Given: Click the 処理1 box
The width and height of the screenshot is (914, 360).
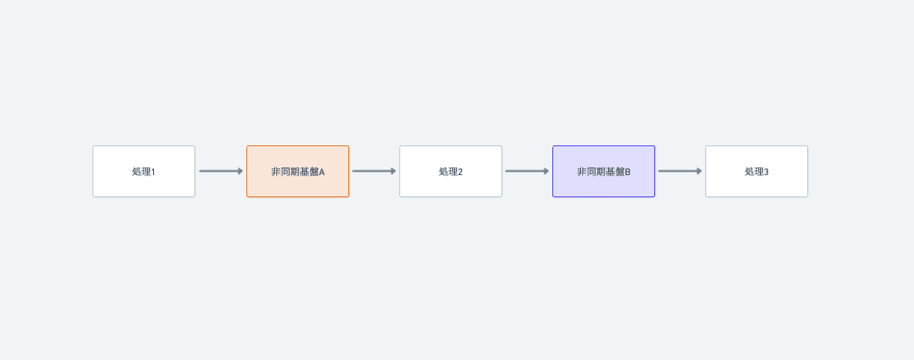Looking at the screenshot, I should click(x=143, y=171).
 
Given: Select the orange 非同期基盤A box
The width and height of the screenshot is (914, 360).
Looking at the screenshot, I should click(x=297, y=171).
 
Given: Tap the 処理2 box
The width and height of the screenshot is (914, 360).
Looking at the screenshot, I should click(x=450, y=171).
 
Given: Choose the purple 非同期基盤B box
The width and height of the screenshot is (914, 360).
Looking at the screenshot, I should click(x=603, y=171).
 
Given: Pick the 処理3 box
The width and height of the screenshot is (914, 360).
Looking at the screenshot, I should click(x=756, y=171).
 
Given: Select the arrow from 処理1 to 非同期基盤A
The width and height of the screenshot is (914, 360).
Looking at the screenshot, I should click(x=219, y=171).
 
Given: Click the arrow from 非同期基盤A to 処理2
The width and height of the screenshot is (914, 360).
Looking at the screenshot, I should click(x=372, y=171).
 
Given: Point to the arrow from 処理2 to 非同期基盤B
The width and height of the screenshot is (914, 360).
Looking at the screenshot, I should click(x=525, y=171).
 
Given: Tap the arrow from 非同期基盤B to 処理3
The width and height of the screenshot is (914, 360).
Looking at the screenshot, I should click(x=678, y=171).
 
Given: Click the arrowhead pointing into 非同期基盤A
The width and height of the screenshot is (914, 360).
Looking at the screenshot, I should click(x=240, y=171).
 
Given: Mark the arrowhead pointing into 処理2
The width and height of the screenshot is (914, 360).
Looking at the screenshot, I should click(x=393, y=171).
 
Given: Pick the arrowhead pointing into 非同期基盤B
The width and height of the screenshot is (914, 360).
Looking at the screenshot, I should click(x=546, y=171).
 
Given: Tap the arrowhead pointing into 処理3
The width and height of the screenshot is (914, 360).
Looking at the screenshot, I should click(x=698, y=171).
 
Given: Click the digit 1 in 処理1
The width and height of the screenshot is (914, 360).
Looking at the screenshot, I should click(x=153, y=172).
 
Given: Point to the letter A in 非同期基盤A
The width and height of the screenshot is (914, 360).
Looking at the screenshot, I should click(x=321, y=172).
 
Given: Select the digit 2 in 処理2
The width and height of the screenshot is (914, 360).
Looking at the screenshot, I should click(x=460, y=172).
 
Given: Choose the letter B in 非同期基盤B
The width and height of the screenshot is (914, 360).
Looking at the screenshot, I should click(x=627, y=172).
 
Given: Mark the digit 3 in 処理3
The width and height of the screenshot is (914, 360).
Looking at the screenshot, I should click(x=766, y=172).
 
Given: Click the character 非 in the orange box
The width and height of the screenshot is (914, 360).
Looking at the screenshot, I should click(x=275, y=172).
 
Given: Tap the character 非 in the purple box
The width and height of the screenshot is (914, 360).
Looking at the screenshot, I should click(x=581, y=172).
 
